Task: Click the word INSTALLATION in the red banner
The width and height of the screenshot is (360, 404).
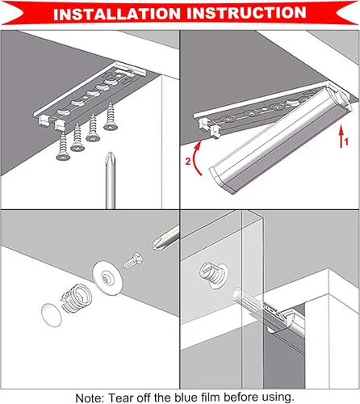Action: pos(117,14)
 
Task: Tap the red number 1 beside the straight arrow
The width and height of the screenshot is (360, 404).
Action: pos(346,141)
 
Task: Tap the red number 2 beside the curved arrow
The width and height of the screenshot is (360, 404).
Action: pos(188,162)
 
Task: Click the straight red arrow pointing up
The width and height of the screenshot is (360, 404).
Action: pos(341,137)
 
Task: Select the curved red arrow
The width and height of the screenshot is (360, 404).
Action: pos(196,158)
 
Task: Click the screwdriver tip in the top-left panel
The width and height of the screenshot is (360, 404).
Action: pos(110,158)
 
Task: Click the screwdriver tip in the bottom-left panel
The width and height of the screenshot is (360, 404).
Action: pos(157,243)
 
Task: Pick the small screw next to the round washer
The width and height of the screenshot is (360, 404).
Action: pos(133,260)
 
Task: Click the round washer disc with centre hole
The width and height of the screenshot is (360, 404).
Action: pos(108,277)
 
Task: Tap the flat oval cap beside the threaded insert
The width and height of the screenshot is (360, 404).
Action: pos(52,315)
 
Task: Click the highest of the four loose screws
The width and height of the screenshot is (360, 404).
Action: pos(111,116)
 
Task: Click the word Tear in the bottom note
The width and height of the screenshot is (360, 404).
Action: pos(121,398)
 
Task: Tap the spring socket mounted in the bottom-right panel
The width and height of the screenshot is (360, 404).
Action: pos(213,276)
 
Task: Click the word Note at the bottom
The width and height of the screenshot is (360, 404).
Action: pos(90,398)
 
